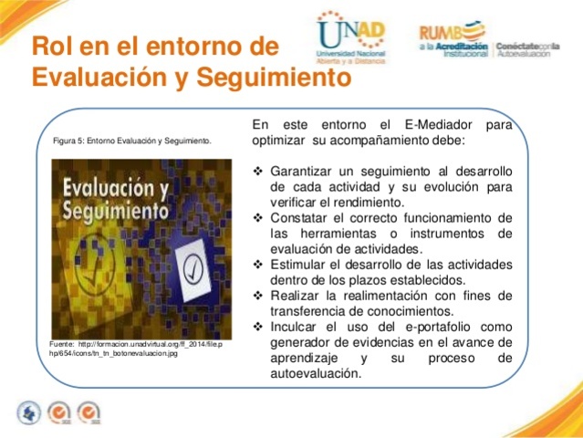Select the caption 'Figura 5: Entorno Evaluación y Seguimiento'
tap(132, 141)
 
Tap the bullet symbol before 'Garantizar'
tap(255, 172)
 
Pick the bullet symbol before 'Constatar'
tap(255, 218)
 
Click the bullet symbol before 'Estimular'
tap(255, 265)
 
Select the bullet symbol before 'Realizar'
tap(255, 296)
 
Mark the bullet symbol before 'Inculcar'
tap(255, 327)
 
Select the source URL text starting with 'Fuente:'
tap(136, 348)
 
